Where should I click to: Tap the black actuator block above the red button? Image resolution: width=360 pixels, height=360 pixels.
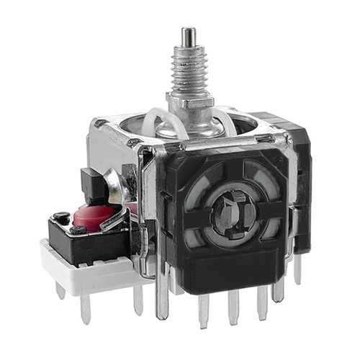tap(94, 186)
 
